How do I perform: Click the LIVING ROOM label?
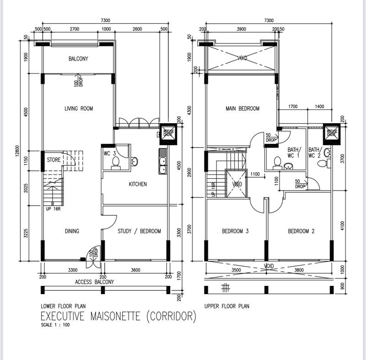pyautogui.click(x=79, y=109)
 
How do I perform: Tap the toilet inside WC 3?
pyautogui.click(x=116, y=163)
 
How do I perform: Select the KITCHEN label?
pyautogui.click(x=138, y=184)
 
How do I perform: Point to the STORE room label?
pyautogui.click(x=54, y=160)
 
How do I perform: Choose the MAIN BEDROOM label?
pyautogui.click(x=242, y=109)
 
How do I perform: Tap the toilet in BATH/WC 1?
pyautogui.click(x=277, y=163)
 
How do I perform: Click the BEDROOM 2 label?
pyautogui.click(x=301, y=231)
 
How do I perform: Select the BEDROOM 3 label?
pyautogui.click(x=235, y=231)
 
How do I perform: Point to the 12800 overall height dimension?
pyautogui.click(x=17, y=151)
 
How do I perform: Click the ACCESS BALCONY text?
pyautogui.click(x=94, y=282)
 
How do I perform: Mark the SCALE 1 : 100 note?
pyautogui.click(x=55, y=325)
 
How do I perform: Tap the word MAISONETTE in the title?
pyautogui.click(x=115, y=316)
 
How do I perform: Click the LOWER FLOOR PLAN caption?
pyautogui.click(x=63, y=306)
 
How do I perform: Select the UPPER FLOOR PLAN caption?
pyautogui.click(x=227, y=306)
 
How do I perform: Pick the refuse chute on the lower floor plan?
pyautogui.click(x=167, y=134)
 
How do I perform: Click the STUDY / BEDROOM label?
pyautogui.click(x=139, y=231)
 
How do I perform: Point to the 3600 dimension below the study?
pyautogui.click(x=135, y=270)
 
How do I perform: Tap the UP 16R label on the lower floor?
pyautogui.click(x=53, y=209)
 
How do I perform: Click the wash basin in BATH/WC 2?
pyautogui.click(x=328, y=153)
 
